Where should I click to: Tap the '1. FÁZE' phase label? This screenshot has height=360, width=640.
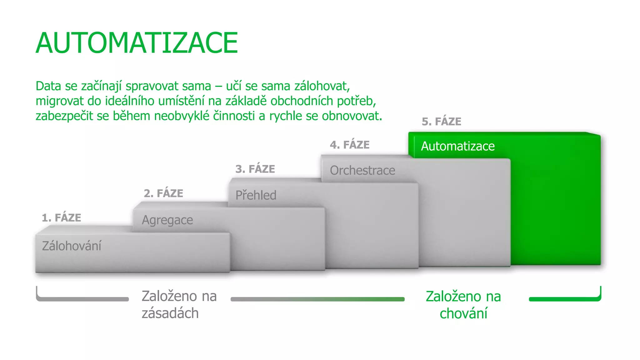62,217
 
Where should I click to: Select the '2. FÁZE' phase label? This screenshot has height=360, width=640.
163,193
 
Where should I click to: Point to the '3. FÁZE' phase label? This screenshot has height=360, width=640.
255,169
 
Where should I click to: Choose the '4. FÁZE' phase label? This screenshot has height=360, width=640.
350,145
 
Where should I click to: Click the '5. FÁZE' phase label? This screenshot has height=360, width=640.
441,122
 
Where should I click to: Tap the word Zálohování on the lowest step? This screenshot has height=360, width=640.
72,246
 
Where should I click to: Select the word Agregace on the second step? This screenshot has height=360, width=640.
167,220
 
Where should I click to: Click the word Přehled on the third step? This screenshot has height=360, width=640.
256,195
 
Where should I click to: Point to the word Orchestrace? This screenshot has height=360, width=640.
362,171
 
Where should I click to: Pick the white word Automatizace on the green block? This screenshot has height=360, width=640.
458,146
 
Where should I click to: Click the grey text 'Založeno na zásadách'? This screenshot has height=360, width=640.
179,304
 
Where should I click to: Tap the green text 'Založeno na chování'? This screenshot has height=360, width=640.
463,305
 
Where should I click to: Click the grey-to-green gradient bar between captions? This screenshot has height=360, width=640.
317,299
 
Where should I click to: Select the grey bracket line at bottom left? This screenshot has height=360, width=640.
82,299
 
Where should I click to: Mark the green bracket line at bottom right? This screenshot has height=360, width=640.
564,299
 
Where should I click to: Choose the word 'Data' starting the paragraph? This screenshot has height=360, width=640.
48,86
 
